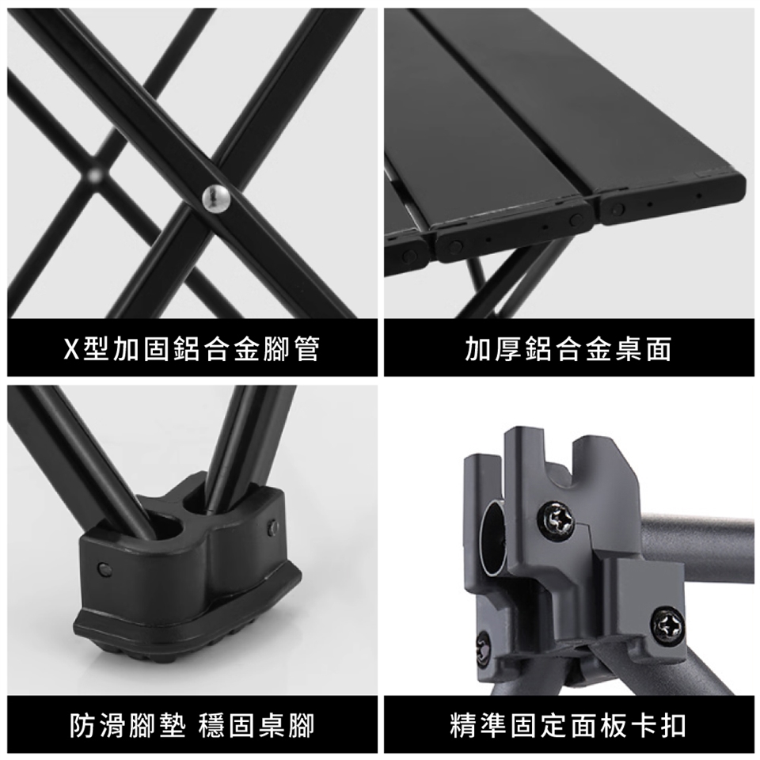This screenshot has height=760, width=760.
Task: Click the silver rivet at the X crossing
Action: (x=216, y=198)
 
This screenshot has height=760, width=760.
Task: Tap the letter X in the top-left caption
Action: (x=70, y=348)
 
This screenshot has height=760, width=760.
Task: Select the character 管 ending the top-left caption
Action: (x=307, y=348)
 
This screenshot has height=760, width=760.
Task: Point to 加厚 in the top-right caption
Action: (x=492, y=348)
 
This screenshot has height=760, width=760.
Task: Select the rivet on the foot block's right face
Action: (x=272, y=525)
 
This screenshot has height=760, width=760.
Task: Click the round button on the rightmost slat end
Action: (x=618, y=210)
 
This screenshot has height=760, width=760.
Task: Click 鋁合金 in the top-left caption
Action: (x=204, y=348)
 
